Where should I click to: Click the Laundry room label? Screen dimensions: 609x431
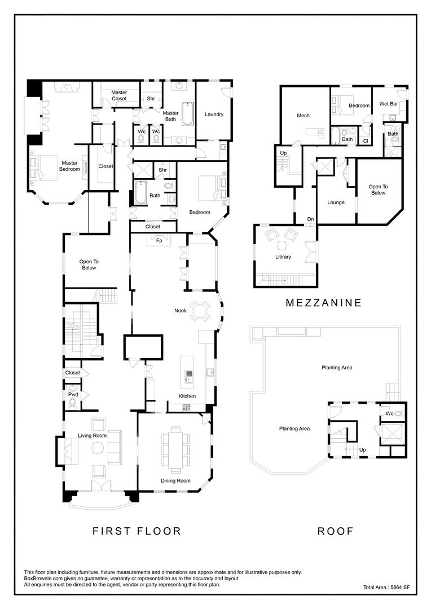point(214,114)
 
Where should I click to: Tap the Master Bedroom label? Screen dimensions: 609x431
point(70,166)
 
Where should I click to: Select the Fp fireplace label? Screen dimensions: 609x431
point(159,241)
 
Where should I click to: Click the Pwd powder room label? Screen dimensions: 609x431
point(73,395)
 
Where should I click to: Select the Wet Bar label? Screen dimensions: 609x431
point(388,104)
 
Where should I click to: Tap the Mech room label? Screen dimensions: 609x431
point(303,116)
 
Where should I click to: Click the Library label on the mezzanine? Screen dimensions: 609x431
point(283,257)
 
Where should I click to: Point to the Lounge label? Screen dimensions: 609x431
point(336,202)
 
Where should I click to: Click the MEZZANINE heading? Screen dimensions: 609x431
point(323,303)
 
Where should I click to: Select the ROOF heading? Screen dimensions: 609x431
point(336,531)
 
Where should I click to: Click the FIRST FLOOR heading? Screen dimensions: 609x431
point(137,531)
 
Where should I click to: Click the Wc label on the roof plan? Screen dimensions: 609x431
point(389,413)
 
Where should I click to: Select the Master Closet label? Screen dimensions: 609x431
point(119,95)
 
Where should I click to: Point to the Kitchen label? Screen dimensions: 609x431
point(187,396)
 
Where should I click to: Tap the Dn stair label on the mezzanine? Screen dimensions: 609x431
point(310,219)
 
